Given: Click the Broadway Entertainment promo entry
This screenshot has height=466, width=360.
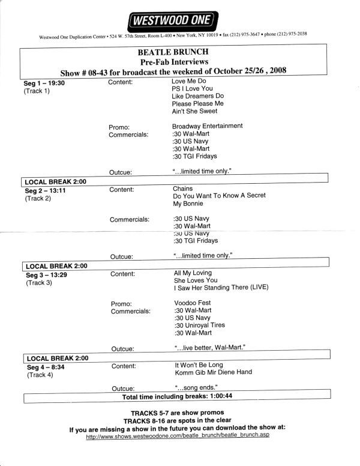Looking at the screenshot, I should (207, 126).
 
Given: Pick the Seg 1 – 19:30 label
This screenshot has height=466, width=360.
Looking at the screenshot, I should (44, 83).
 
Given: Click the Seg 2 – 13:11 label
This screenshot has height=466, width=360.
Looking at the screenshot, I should (46, 190).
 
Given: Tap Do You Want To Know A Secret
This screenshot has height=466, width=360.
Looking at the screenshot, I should (219, 196).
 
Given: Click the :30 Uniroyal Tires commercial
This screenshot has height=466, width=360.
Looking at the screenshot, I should (199, 325).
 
